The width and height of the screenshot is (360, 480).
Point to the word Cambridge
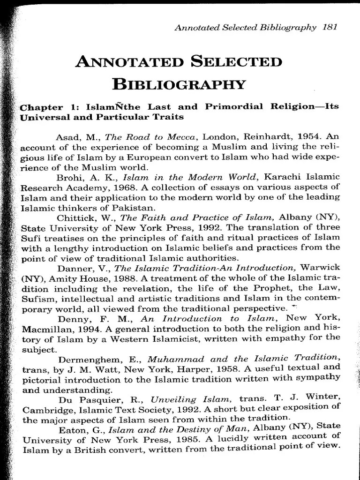click(x=45, y=410)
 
